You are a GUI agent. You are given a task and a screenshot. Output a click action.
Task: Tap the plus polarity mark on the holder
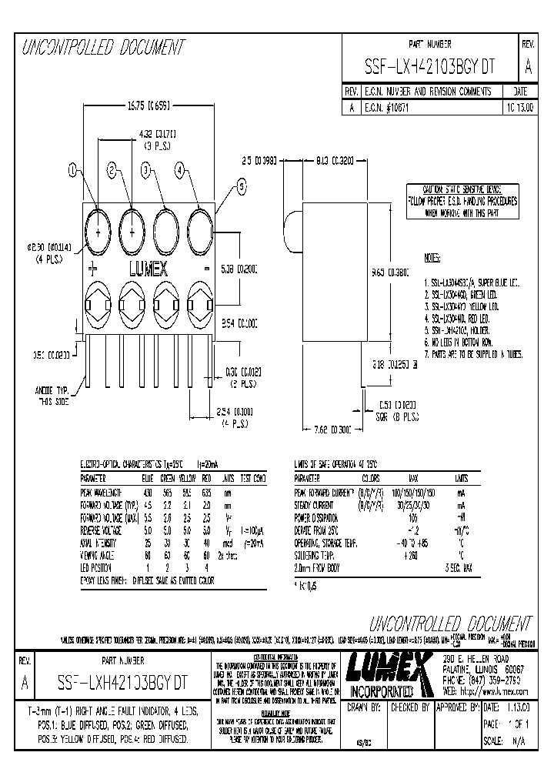93,269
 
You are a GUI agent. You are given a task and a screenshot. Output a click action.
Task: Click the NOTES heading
434,256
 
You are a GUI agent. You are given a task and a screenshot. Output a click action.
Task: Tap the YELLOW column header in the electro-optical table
182,478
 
